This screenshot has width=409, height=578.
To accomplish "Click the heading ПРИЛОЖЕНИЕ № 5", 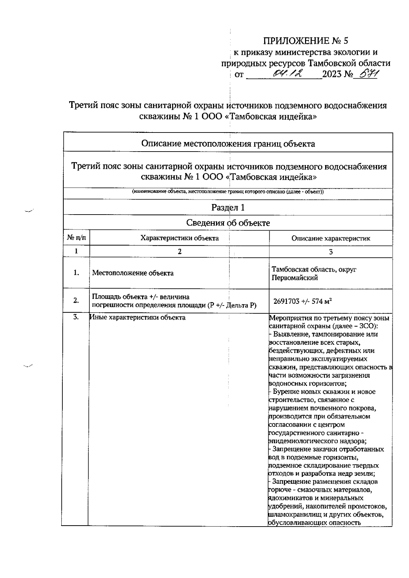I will click(306, 41).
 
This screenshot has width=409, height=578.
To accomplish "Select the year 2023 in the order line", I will click(332, 74).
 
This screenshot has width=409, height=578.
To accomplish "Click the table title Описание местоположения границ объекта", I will click(228, 143).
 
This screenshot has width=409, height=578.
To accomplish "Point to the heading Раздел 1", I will click(228, 207).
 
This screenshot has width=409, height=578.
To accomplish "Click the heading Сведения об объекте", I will click(228, 223).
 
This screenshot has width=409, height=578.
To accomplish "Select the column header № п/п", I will click(76, 238).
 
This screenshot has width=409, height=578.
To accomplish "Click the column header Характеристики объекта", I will click(180, 238).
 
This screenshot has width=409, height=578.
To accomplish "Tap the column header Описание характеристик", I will click(331, 238).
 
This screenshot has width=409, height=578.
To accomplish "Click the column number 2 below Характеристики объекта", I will click(180, 251).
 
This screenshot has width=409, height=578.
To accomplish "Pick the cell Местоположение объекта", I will click(133, 273).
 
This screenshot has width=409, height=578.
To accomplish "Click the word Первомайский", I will click(294, 278).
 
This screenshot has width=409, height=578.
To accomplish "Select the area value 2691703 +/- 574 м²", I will click(303, 301).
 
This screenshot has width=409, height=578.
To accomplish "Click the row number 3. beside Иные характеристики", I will click(76, 317).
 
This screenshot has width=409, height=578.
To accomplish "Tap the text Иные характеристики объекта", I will click(138, 317).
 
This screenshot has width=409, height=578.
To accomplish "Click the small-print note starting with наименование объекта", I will click(228, 192).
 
